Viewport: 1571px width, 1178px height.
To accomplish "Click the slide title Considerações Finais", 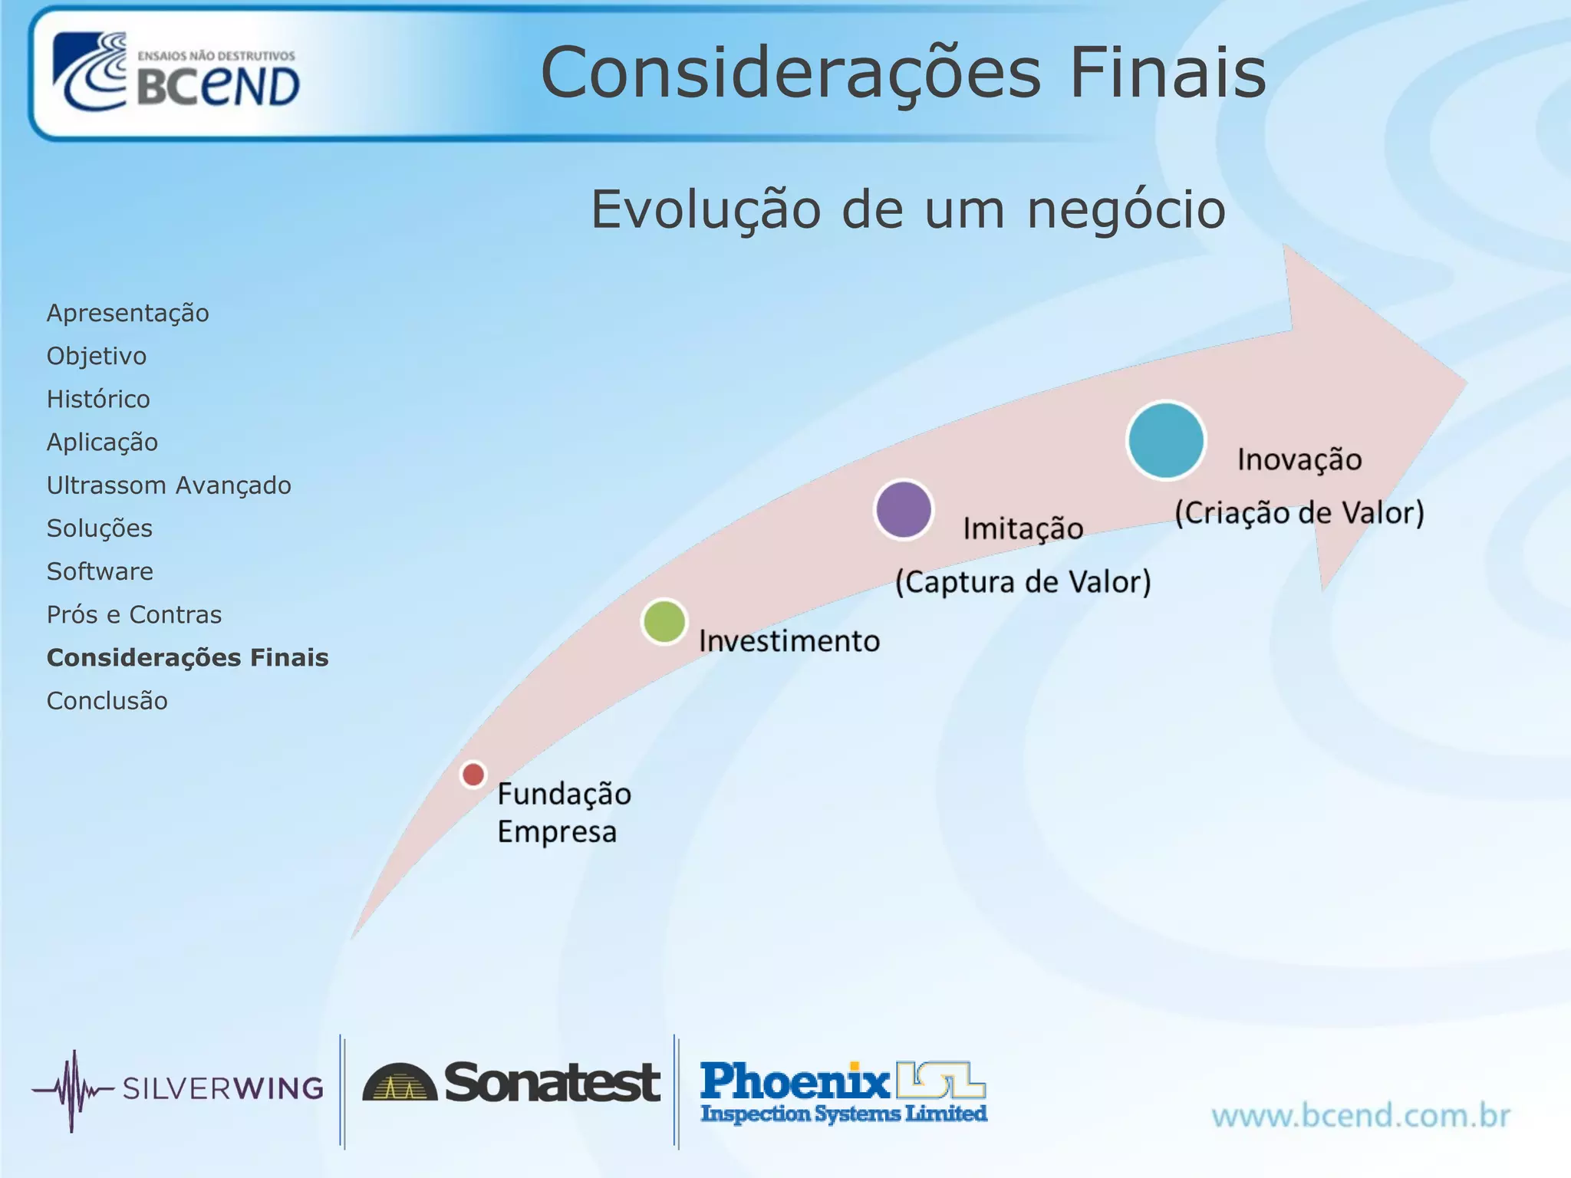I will click(903, 72).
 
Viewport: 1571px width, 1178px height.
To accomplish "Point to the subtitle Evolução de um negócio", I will click(908, 209).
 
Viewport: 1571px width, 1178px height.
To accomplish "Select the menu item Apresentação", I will click(127, 313).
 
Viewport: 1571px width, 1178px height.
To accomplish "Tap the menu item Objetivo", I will click(97, 356).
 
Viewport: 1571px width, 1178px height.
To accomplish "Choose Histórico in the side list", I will click(98, 399).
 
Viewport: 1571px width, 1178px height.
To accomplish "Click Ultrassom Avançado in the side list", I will click(169, 485).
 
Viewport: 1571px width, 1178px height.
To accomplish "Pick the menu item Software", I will click(100, 571).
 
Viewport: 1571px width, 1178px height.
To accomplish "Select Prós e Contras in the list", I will click(134, 614).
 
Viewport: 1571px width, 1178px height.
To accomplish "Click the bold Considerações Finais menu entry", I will click(187, 657).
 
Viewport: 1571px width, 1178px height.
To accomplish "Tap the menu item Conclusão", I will click(107, 700).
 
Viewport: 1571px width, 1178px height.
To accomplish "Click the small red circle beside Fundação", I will click(473, 775).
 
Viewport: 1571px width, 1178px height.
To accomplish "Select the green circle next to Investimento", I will click(664, 621).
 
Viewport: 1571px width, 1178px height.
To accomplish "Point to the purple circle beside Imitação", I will click(904, 510).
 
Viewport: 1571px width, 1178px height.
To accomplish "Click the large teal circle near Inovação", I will click(1166, 440).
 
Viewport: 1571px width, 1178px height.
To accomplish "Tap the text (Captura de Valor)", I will click(1023, 581).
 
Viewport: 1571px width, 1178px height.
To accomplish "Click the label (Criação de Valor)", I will click(1299, 512).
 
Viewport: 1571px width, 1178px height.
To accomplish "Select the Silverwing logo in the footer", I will click(178, 1089).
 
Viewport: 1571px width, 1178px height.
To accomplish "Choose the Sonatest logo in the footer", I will click(512, 1083).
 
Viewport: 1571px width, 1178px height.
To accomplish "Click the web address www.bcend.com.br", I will click(1361, 1115).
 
